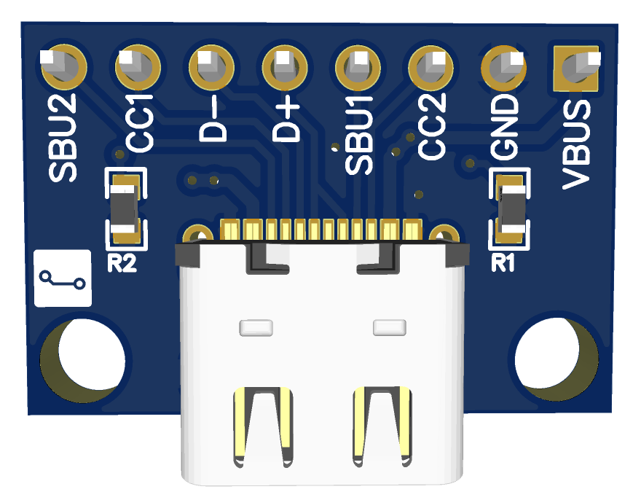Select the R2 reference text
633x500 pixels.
(122, 263)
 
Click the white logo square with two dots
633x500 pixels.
(63, 278)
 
